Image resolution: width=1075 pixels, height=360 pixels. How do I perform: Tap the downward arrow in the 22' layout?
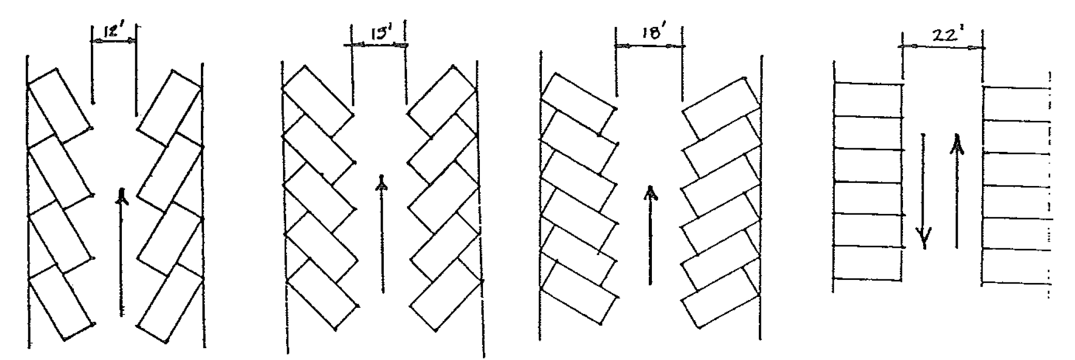tap(923, 191)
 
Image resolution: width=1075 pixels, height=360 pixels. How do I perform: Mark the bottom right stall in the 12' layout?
tap(169, 305)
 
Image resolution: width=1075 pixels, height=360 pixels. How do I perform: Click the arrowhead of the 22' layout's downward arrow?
tap(924, 239)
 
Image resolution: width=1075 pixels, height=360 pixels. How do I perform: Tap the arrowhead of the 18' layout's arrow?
tap(650, 193)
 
